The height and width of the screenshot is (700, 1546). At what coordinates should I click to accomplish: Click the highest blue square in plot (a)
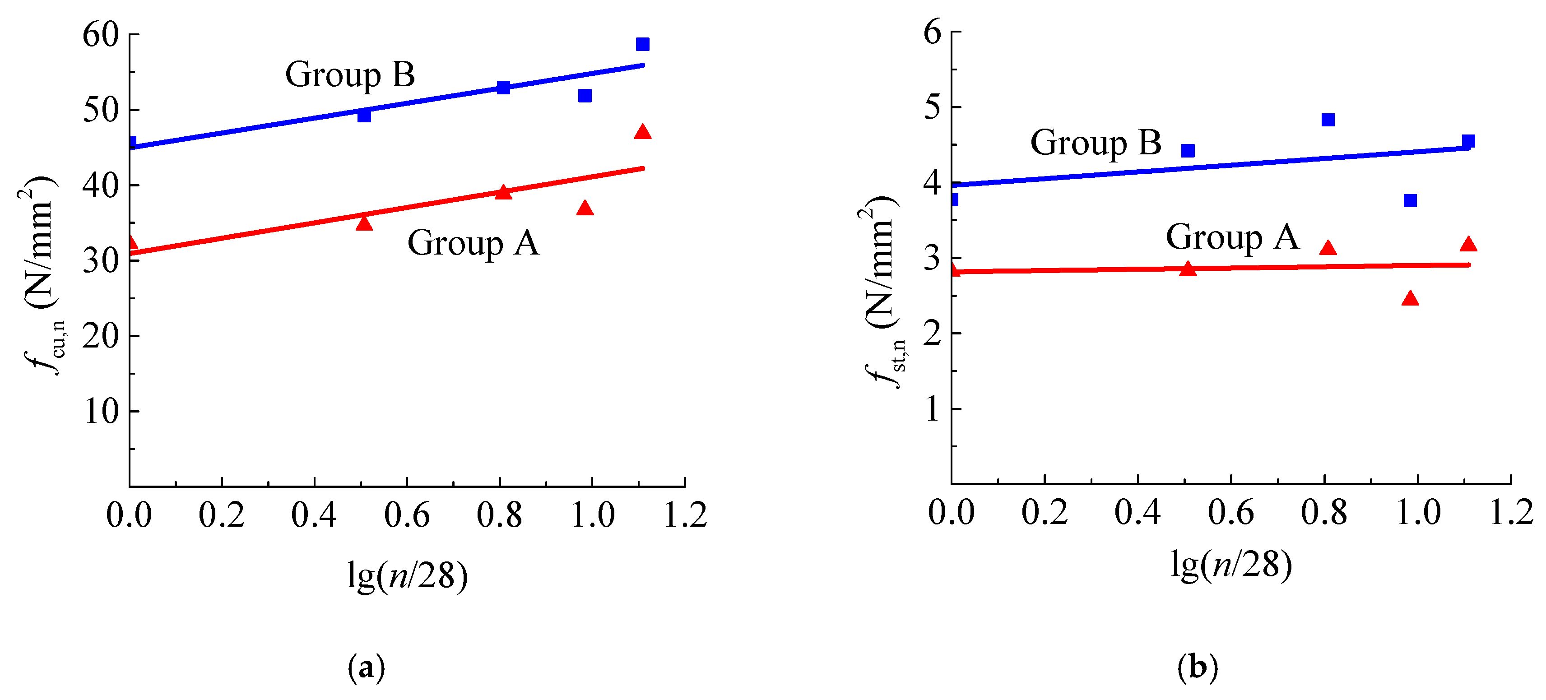pyautogui.click(x=643, y=44)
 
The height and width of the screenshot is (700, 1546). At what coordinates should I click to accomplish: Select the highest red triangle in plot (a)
pyautogui.click(x=643, y=132)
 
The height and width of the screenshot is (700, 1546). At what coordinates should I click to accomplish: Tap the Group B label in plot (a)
pyautogui.click(x=350, y=75)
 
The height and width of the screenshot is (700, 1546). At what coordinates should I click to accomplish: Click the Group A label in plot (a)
pyautogui.click(x=474, y=243)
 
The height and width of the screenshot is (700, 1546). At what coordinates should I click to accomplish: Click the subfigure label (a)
pyautogui.click(x=366, y=668)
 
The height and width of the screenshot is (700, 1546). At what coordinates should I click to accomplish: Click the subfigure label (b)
pyautogui.click(x=1198, y=668)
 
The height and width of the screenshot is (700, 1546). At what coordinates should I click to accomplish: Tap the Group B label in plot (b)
pyautogui.click(x=1096, y=143)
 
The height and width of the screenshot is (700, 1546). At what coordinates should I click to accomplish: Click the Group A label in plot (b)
pyautogui.click(x=1232, y=237)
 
